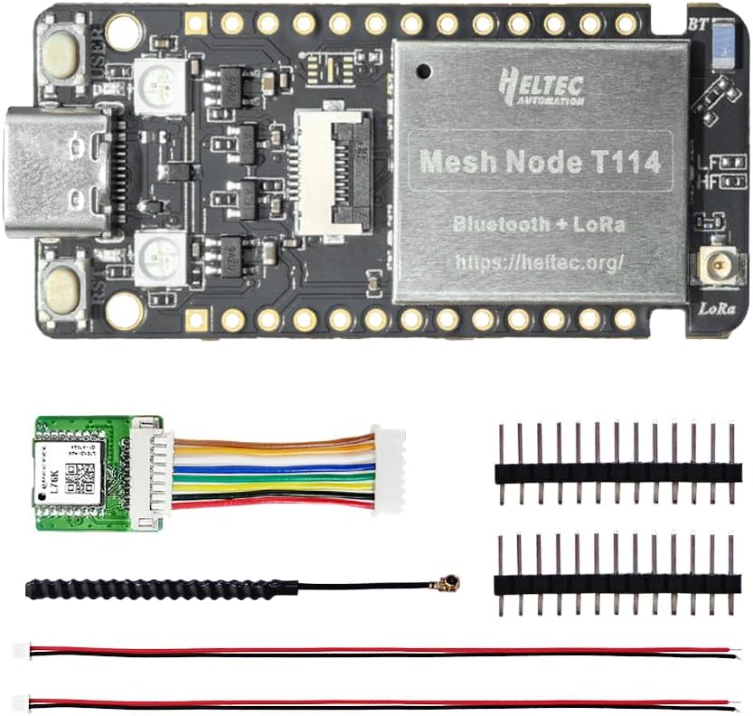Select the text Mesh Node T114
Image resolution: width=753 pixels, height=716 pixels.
[540, 162]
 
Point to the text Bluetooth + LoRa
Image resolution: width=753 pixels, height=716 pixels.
[540, 223]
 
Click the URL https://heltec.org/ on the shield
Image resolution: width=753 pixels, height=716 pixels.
[540, 262]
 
